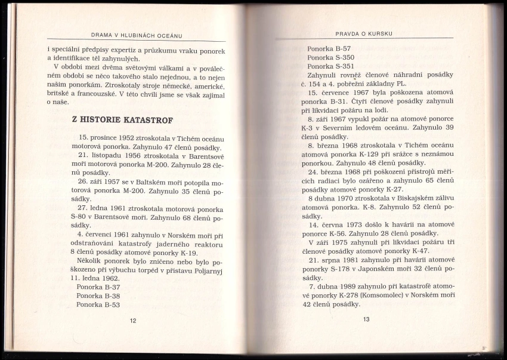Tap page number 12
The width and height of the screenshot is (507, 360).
coord(133,321)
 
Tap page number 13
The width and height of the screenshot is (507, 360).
coord(366,319)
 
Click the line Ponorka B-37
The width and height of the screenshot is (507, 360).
coord(98,287)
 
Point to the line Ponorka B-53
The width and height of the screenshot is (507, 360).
coord(98,304)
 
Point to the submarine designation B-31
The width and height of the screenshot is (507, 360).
coord(342,101)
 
